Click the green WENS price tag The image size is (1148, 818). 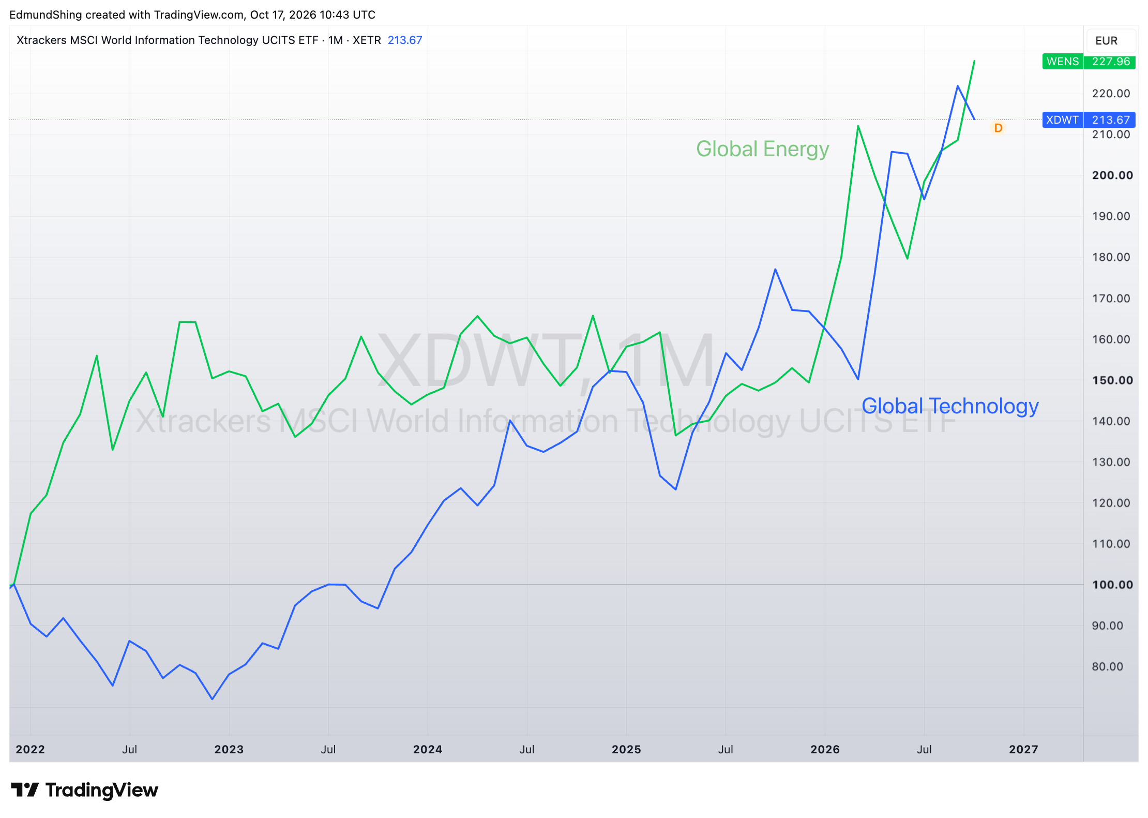click(x=1089, y=62)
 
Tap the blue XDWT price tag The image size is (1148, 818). click(x=1089, y=120)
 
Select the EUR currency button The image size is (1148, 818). click(x=1106, y=41)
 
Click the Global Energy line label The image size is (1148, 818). click(x=762, y=149)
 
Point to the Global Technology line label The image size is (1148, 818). click(x=950, y=406)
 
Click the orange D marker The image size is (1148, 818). click(x=998, y=128)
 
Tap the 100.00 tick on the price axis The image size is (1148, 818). click(x=1112, y=585)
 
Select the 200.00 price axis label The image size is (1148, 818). click(x=1112, y=175)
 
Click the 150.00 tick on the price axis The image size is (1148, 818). click(x=1112, y=380)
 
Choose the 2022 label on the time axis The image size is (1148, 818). click(x=30, y=749)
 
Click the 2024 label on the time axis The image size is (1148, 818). click(x=428, y=749)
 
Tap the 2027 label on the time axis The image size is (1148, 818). click(x=1023, y=749)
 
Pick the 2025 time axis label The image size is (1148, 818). click(x=626, y=749)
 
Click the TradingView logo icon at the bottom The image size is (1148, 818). click(x=24, y=790)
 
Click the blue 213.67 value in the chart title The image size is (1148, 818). click(x=405, y=40)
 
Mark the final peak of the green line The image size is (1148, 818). click(x=974, y=61)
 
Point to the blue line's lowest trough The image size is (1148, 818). click(x=213, y=699)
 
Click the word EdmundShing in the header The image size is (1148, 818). click(x=46, y=14)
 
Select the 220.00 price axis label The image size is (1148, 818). click(x=1111, y=94)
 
